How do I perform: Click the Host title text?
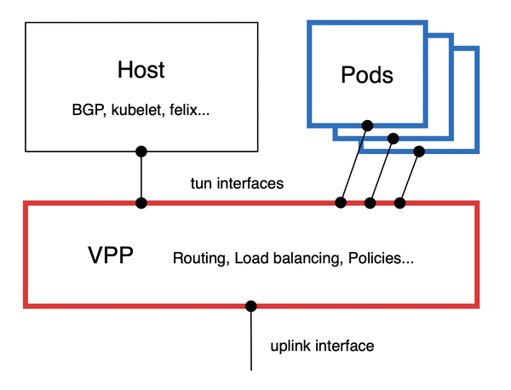point(141,69)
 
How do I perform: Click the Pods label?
point(366,74)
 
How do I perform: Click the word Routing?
point(199,257)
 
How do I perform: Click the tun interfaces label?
point(237,183)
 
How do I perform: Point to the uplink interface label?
point(322,346)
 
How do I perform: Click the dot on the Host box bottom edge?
point(141,152)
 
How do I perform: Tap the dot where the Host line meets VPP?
point(141,203)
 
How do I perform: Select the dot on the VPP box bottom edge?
point(251,305)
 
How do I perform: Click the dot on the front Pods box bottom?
point(366,126)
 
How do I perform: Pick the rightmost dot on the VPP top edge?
point(400,203)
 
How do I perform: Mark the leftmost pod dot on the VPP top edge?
point(341,203)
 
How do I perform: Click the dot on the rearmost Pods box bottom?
point(418,152)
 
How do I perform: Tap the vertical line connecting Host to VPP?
point(141,177)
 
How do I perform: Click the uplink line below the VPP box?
point(251,341)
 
